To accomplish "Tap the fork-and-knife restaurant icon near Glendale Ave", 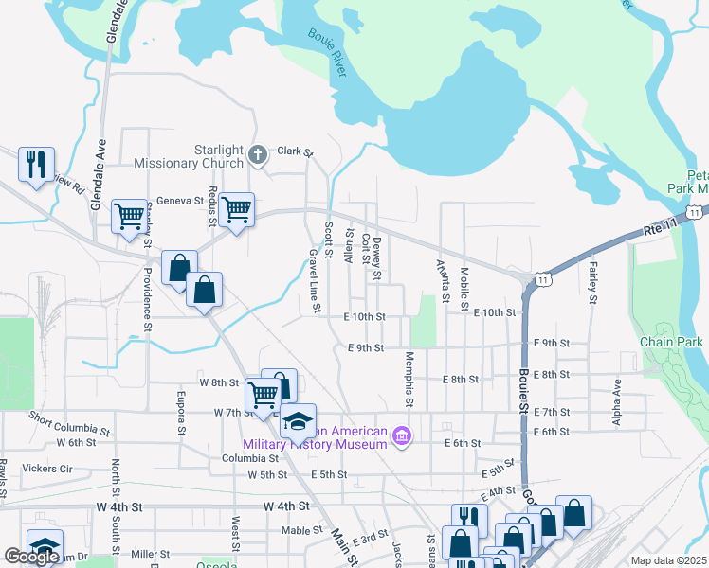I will pos(36,164).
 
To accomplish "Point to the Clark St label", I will pos(295,151).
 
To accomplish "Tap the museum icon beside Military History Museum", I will pos(402,436).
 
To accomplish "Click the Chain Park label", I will pos(671,341).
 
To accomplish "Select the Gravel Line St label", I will pos(314,283).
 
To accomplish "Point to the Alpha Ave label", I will pos(616,401).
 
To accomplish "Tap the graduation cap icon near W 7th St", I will pos(298,419).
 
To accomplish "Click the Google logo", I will pos(31,557).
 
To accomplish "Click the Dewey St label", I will pos(376,258).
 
